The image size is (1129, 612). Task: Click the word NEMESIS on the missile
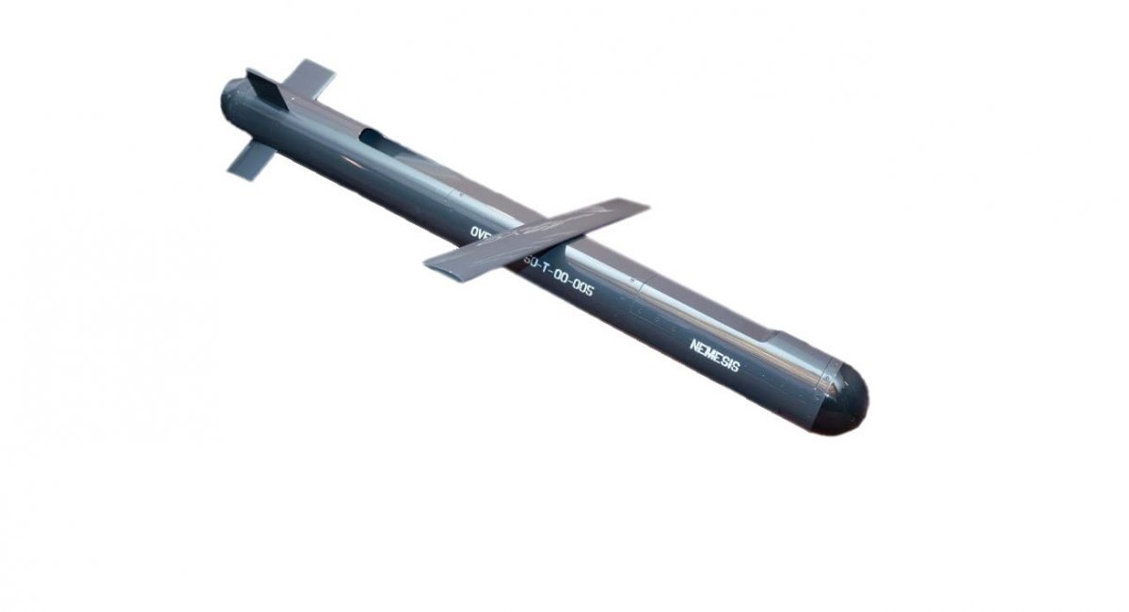(x=715, y=356)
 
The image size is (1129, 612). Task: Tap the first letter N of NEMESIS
(x=693, y=345)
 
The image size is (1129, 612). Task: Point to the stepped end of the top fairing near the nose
(x=777, y=336)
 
